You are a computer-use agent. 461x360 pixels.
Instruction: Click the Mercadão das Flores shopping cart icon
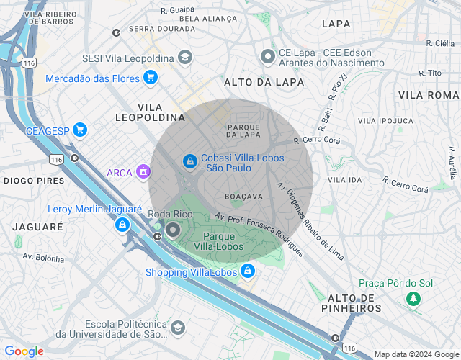coord(150,77)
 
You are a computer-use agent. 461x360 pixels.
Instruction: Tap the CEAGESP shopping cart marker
coord(79,130)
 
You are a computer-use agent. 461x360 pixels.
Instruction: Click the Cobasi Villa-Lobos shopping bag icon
coord(189,162)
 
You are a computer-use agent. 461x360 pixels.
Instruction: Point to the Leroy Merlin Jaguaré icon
coord(122,225)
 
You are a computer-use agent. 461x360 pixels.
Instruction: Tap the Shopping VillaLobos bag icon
coord(248,271)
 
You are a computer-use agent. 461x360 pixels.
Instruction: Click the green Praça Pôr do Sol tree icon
coord(413,297)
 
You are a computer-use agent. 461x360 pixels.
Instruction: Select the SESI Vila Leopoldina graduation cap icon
coord(185,58)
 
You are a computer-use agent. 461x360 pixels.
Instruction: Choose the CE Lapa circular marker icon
coord(268,56)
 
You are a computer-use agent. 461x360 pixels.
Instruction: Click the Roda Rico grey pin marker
coord(173,230)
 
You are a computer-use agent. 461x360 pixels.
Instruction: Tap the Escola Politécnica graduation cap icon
coord(177,329)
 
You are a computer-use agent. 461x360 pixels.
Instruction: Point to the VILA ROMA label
coord(428,95)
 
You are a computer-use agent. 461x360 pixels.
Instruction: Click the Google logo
coord(24,351)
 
